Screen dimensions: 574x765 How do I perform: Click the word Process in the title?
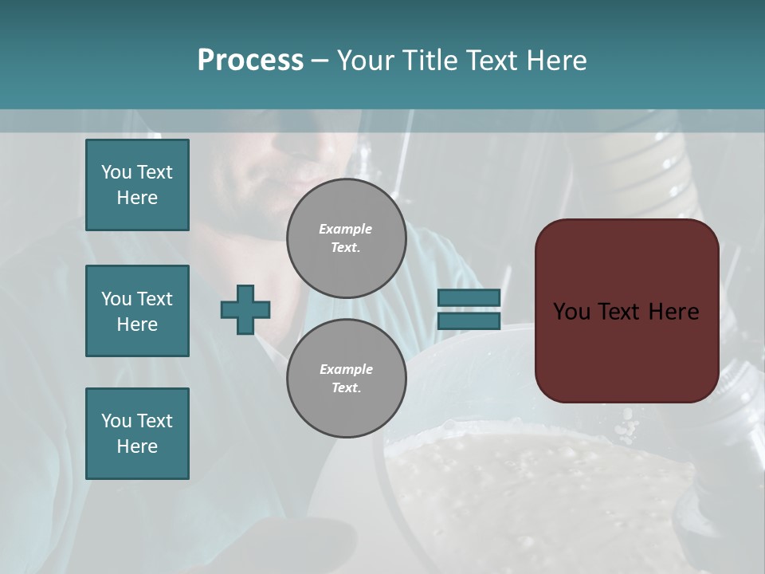point(250,61)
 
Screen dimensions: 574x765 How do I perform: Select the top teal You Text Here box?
point(137,185)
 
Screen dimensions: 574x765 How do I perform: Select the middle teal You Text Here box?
point(137,311)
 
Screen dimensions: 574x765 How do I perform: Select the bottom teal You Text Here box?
point(137,434)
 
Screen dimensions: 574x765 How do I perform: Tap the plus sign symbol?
point(245,310)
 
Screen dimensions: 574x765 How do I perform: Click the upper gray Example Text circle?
point(346,238)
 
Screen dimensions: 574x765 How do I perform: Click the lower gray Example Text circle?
point(346,379)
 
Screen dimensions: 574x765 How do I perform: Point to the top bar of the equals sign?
point(469,298)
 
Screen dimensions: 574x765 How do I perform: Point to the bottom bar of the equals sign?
point(469,321)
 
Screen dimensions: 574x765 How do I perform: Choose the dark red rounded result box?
point(626,311)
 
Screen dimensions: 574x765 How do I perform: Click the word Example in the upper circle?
point(346,229)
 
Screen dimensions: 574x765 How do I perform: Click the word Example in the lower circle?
point(346,369)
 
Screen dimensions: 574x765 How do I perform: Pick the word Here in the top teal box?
point(137,198)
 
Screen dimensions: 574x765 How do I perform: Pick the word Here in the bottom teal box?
point(137,446)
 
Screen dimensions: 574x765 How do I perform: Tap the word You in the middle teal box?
point(115,299)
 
